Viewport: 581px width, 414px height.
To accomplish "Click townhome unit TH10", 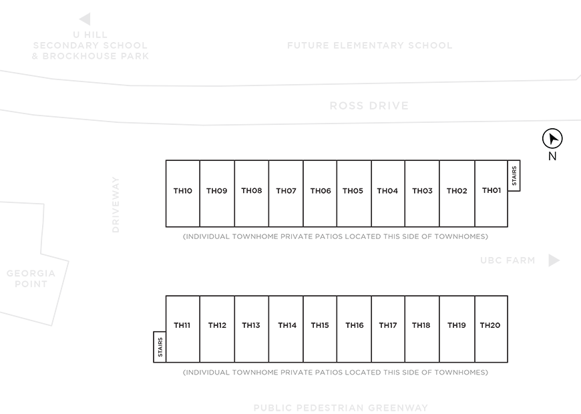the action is point(183,194).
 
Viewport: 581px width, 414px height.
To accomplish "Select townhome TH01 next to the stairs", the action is point(492,194).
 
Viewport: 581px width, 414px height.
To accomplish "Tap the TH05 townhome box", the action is point(354,194).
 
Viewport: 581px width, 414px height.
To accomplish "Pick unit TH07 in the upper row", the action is point(286,194).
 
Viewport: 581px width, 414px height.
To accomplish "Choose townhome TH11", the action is point(183,329).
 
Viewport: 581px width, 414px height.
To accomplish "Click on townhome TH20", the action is point(492,329).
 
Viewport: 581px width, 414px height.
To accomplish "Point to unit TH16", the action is point(354,329).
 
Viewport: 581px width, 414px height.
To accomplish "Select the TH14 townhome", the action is point(286,329).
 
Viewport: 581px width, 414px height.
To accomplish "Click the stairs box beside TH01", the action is point(514,176).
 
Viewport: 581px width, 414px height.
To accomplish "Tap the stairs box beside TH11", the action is point(160,347).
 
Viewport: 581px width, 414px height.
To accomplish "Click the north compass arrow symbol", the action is point(552,139).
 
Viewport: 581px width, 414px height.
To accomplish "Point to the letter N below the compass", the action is point(552,156).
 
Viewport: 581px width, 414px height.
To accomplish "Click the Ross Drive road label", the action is point(369,106).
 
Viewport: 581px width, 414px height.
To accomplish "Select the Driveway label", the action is point(116,204).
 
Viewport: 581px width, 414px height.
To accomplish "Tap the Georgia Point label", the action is point(31,278).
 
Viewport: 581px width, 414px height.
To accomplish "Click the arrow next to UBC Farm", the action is point(554,260).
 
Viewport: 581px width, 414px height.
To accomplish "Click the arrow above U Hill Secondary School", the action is point(85,19).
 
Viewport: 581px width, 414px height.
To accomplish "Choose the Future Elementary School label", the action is point(370,45).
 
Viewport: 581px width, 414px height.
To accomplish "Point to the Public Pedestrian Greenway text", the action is point(341,408).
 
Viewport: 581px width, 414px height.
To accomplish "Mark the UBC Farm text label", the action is point(508,260).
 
